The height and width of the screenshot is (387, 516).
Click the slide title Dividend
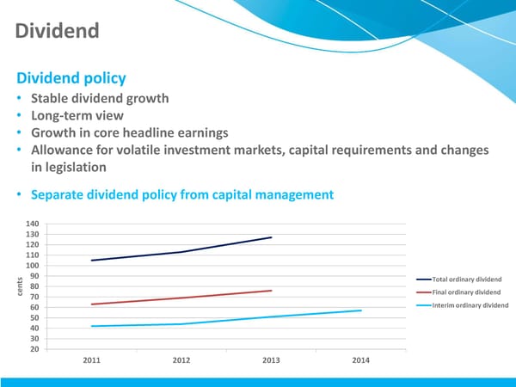57,33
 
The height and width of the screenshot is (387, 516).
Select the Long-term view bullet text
77,115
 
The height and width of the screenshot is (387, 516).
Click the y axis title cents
16,286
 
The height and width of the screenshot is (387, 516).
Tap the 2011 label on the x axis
92,360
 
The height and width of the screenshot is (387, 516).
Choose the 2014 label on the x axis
360,360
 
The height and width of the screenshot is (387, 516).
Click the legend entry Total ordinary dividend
465,279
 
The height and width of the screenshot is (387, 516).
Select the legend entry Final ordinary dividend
465,292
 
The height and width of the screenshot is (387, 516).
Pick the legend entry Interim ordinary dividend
470,305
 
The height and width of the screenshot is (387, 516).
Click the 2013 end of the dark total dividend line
271,237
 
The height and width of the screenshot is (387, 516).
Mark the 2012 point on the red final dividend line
181,298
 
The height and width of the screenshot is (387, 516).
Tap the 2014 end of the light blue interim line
360,310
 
